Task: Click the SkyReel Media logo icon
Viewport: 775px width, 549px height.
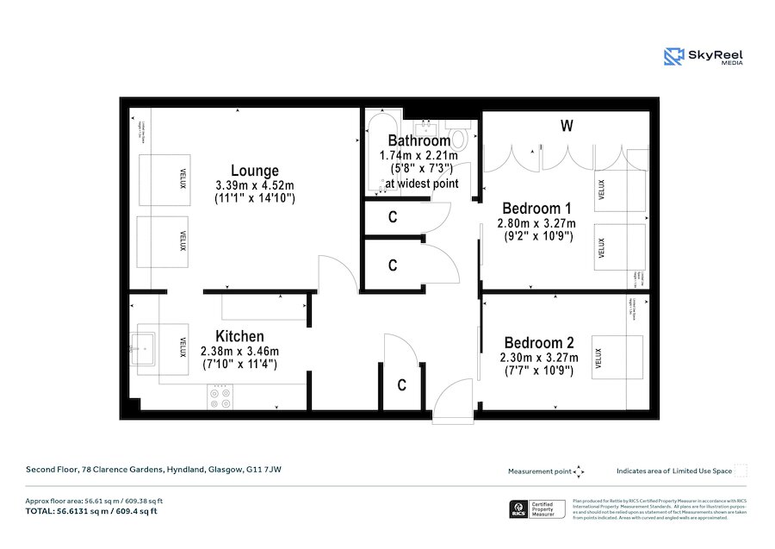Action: click(673, 57)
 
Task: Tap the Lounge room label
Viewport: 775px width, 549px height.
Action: click(254, 171)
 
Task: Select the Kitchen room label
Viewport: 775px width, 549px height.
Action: click(239, 336)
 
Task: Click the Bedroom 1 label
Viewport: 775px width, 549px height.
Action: click(536, 209)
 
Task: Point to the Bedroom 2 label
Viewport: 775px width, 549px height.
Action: click(538, 342)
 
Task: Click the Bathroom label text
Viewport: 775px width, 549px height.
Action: click(418, 140)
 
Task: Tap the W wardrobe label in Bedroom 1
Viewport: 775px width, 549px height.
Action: click(566, 127)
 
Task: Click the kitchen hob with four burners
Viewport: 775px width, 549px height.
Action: click(220, 396)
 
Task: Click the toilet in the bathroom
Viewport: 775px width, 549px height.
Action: click(459, 139)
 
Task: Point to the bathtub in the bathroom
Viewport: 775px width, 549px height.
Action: click(377, 152)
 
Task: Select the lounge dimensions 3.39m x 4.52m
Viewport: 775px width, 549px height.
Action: click(254, 185)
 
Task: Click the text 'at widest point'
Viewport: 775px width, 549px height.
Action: click(422, 184)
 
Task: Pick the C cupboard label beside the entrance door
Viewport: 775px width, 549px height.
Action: click(401, 386)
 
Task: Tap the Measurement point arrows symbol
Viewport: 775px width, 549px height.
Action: click(579, 471)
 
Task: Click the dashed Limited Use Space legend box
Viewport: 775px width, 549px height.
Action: click(740, 471)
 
